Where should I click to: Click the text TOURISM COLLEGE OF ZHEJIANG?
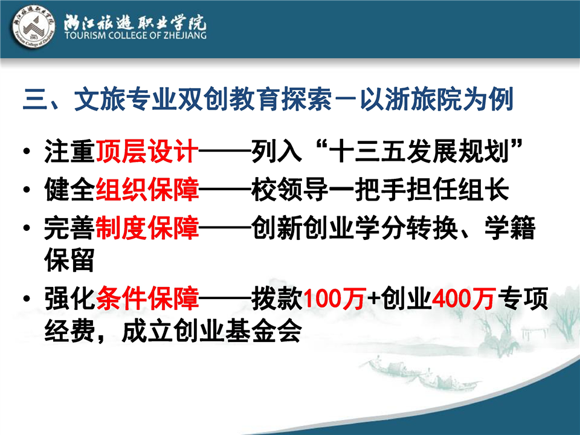coord(135,36)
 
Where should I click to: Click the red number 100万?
coord(335,298)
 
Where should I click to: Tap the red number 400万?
coord(463,298)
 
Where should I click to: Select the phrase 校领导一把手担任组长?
coord(380,189)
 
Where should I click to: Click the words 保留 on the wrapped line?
coord(69,260)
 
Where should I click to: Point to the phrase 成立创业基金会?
coord(211,330)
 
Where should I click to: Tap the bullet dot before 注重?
coord(26,152)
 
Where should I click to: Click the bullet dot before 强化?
coord(26,299)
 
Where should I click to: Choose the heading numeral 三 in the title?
coord(35,100)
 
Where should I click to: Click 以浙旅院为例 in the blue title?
coord(437,99)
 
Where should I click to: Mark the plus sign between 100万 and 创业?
coord(373,299)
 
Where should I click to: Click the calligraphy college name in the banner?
coord(135,22)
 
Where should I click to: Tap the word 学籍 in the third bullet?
coord(510,228)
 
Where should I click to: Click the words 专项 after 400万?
coord(523,298)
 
